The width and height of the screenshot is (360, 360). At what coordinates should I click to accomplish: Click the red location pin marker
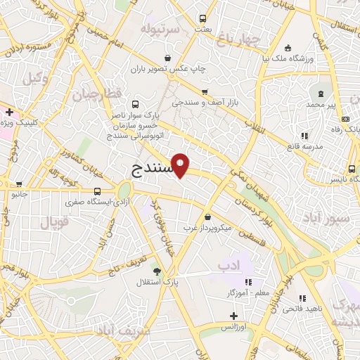(181, 165)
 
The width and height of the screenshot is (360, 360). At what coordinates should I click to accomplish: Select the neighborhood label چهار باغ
(239, 39)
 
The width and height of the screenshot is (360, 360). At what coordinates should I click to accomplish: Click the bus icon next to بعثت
(203, 19)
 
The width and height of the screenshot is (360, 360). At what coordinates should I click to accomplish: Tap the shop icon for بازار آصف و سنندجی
(205, 92)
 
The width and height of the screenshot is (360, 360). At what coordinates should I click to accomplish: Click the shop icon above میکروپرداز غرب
(208, 217)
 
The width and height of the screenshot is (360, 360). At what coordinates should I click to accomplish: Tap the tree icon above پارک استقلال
(156, 271)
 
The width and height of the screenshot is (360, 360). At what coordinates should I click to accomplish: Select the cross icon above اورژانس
(233, 316)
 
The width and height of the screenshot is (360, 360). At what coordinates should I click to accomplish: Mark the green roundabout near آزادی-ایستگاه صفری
(125, 190)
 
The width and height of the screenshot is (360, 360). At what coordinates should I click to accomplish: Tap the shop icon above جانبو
(17, 182)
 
